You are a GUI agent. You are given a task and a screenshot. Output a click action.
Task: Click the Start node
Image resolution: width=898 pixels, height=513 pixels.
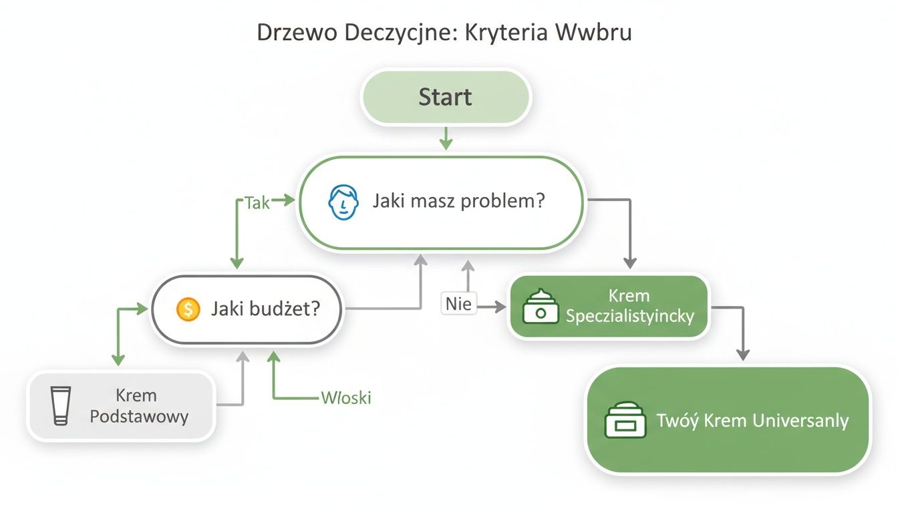445,97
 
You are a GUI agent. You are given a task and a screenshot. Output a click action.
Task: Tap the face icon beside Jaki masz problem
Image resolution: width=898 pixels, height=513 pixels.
341,202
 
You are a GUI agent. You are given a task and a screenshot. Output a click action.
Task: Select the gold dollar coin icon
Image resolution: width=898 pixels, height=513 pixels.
188,309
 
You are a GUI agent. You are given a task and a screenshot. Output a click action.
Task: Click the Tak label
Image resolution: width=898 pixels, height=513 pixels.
257,202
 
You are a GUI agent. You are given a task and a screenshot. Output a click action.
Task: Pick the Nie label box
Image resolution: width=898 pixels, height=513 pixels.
459,305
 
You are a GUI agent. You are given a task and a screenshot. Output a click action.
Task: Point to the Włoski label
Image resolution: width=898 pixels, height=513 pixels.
346,398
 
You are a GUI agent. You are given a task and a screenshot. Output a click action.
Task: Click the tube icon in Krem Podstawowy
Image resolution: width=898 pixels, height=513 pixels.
61,405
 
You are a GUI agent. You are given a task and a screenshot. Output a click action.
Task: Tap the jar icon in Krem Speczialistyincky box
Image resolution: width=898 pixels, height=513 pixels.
541,307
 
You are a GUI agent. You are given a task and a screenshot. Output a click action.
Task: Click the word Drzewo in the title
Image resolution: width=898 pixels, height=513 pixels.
299,34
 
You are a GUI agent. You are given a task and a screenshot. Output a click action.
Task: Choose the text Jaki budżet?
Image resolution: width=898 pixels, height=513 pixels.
265,309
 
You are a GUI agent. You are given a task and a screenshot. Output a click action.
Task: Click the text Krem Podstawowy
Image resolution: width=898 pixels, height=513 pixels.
139,406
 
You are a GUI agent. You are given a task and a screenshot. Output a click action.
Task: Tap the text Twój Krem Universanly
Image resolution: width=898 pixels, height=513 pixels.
752,421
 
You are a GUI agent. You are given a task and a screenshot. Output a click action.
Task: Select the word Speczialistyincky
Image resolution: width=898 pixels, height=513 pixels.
629,316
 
